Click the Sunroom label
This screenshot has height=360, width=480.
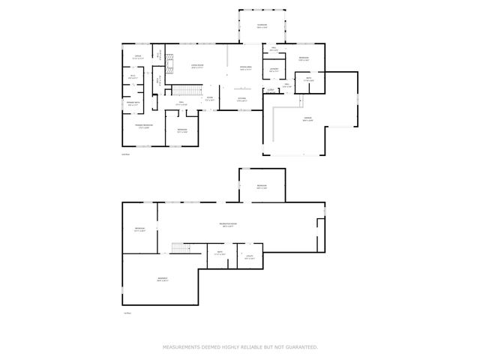click(x=262, y=26)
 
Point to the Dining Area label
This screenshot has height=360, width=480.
click(x=245, y=68)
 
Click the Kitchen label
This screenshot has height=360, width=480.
click(x=242, y=99)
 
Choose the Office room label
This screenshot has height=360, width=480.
click(x=138, y=58)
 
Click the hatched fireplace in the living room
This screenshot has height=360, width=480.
click(x=170, y=67)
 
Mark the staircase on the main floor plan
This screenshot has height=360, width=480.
click(x=187, y=91)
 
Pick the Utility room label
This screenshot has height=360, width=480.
click(x=250, y=256)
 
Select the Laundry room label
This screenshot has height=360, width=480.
click(x=274, y=70)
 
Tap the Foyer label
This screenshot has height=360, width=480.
click(x=210, y=98)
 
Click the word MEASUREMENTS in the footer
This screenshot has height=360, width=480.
click(x=183, y=347)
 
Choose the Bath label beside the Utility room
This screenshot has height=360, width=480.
click(x=220, y=253)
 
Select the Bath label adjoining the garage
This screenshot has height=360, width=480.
click(x=308, y=79)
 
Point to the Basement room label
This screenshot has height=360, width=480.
click(x=163, y=279)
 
